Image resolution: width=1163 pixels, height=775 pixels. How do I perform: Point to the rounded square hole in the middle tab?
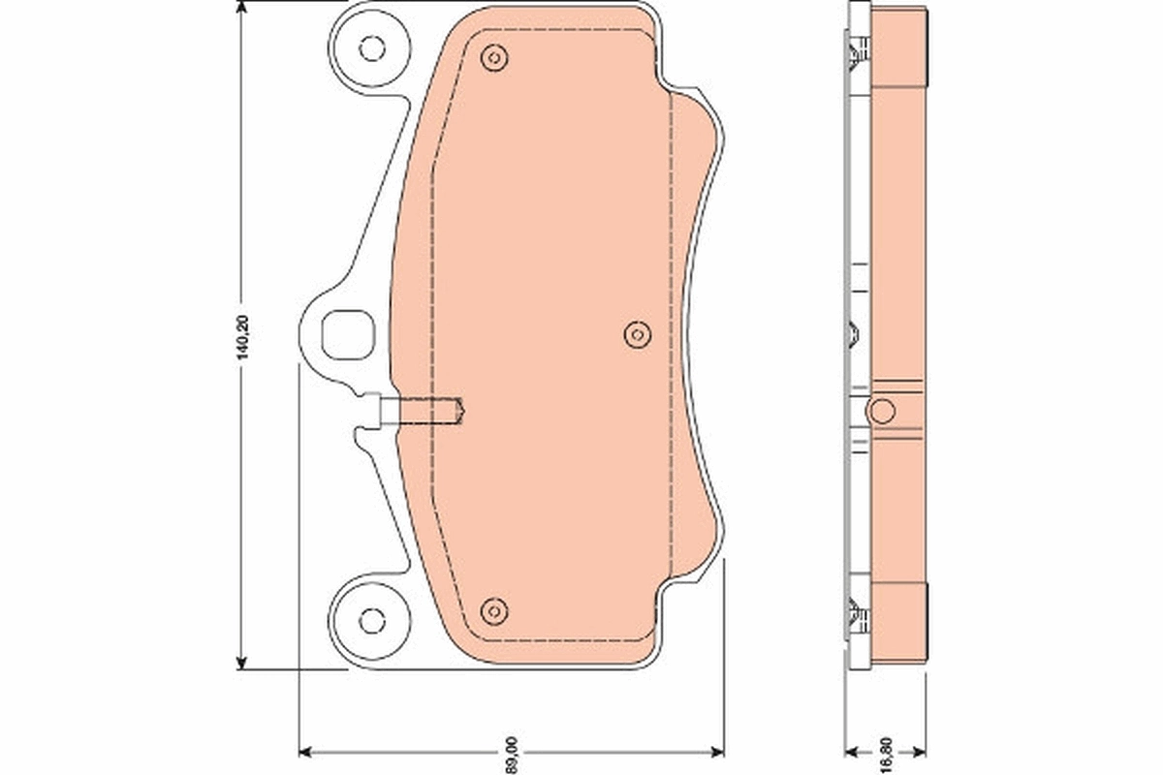pos(346,332)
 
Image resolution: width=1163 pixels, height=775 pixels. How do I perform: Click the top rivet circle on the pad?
pos(494,57)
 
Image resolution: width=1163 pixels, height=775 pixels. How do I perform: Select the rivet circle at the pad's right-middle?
pos(637,334)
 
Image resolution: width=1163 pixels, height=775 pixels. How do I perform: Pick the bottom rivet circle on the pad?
pos(494,610)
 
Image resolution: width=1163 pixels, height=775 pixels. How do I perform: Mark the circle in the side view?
pos(881,411)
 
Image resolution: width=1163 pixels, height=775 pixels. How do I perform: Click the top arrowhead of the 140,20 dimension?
pos(241,8)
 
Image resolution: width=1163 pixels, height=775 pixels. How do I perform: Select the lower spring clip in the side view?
pos(857,615)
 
